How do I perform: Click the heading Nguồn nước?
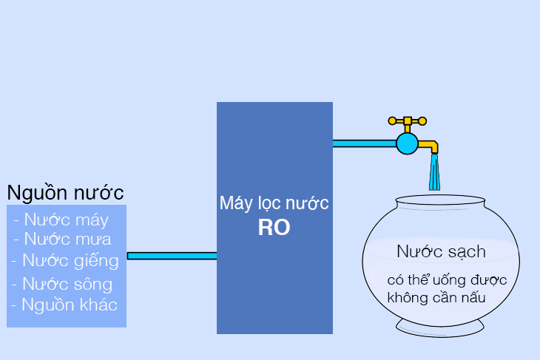click(65, 192)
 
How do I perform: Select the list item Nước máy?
click(61, 220)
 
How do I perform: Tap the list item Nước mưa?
click(62, 239)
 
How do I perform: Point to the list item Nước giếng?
click(65, 260)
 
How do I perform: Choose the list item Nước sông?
click(62, 284)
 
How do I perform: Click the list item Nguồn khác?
click(64, 304)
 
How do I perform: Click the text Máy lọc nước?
click(274, 203)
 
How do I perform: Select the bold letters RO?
click(274, 228)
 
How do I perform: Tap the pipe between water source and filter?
click(172, 256)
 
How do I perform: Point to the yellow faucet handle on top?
click(407, 120)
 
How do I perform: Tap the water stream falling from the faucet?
click(435, 174)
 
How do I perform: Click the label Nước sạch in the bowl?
click(441, 251)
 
